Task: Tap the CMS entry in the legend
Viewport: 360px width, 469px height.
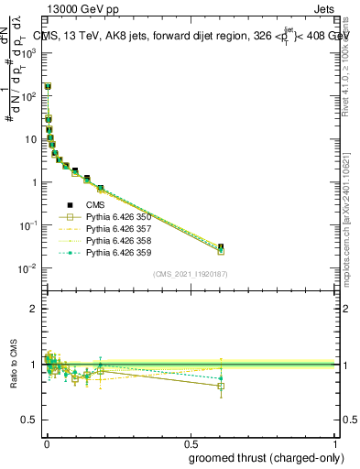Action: pos(98,206)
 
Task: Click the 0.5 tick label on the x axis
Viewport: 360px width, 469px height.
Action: pos(191,444)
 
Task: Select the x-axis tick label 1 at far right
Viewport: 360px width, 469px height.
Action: pos(336,444)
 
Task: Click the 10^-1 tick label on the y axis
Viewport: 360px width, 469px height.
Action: pos(27,225)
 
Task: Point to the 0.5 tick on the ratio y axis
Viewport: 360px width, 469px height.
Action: pos(30,420)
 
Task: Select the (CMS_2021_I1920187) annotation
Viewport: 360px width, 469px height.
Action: pos(190,273)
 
